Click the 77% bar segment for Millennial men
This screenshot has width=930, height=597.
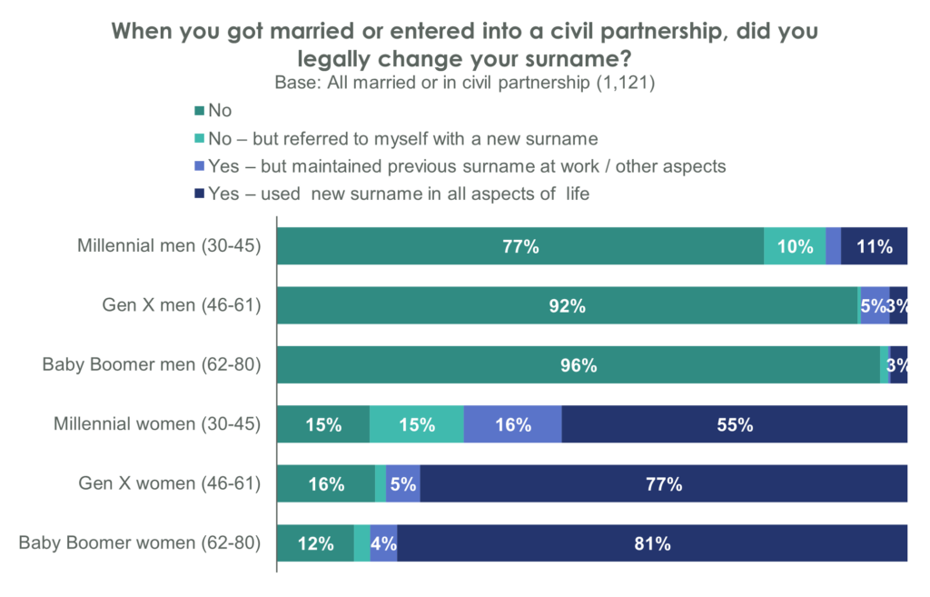(x=519, y=245)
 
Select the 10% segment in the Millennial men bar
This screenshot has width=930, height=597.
(x=795, y=245)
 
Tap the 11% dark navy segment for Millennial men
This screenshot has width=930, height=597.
(x=874, y=245)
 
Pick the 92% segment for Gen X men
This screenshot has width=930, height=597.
(x=567, y=305)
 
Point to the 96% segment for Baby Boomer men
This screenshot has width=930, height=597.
(x=578, y=364)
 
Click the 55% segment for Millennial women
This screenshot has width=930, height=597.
(x=734, y=424)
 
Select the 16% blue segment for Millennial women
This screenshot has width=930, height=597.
(x=512, y=424)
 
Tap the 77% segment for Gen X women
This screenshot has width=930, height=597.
(x=664, y=483)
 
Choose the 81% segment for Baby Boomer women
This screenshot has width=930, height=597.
(x=652, y=543)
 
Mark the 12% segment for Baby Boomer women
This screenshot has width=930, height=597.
(x=314, y=543)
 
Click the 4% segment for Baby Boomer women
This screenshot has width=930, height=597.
(x=383, y=543)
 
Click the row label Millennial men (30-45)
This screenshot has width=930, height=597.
(x=170, y=245)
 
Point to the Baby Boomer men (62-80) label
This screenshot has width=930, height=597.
(x=153, y=364)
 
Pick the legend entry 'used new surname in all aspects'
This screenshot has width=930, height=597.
(x=400, y=194)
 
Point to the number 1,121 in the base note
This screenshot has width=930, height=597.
(x=626, y=84)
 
